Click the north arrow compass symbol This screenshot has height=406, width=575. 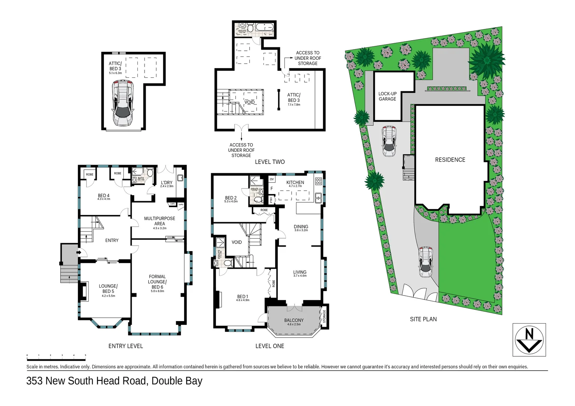pyautogui.click(x=529, y=340)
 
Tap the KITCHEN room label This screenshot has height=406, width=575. pyautogui.click(x=295, y=183)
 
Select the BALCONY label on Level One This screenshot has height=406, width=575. pyautogui.click(x=294, y=321)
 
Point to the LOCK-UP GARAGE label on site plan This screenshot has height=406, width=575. pyautogui.click(x=387, y=96)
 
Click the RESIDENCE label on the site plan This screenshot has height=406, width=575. pyautogui.click(x=450, y=160)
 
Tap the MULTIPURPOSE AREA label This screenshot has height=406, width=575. pyautogui.click(x=160, y=221)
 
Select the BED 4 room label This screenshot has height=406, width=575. pyautogui.click(x=103, y=195)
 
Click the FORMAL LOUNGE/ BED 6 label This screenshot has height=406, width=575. pyautogui.click(x=157, y=282)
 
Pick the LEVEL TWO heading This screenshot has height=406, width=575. pyautogui.click(x=270, y=162)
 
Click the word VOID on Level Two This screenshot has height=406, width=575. pyautogui.click(x=249, y=102)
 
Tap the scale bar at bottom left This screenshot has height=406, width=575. pyautogui.click(x=56, y=355)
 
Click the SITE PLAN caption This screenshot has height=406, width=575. pyautogui.click(x=423, y=319)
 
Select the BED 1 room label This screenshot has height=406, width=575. pyautogui.click(x=242, y=297)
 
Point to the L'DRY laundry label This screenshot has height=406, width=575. pyautogui.click(x=166, y=183)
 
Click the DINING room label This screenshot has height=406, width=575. pyautogui.click(x=301, y=227)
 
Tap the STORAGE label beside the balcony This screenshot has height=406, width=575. pyautogui.click(x=324, y=316)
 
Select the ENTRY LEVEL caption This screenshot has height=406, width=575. pyautogui.click(x=126, y=346)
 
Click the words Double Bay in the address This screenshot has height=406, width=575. pyautogui.click(x=177, y=381)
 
